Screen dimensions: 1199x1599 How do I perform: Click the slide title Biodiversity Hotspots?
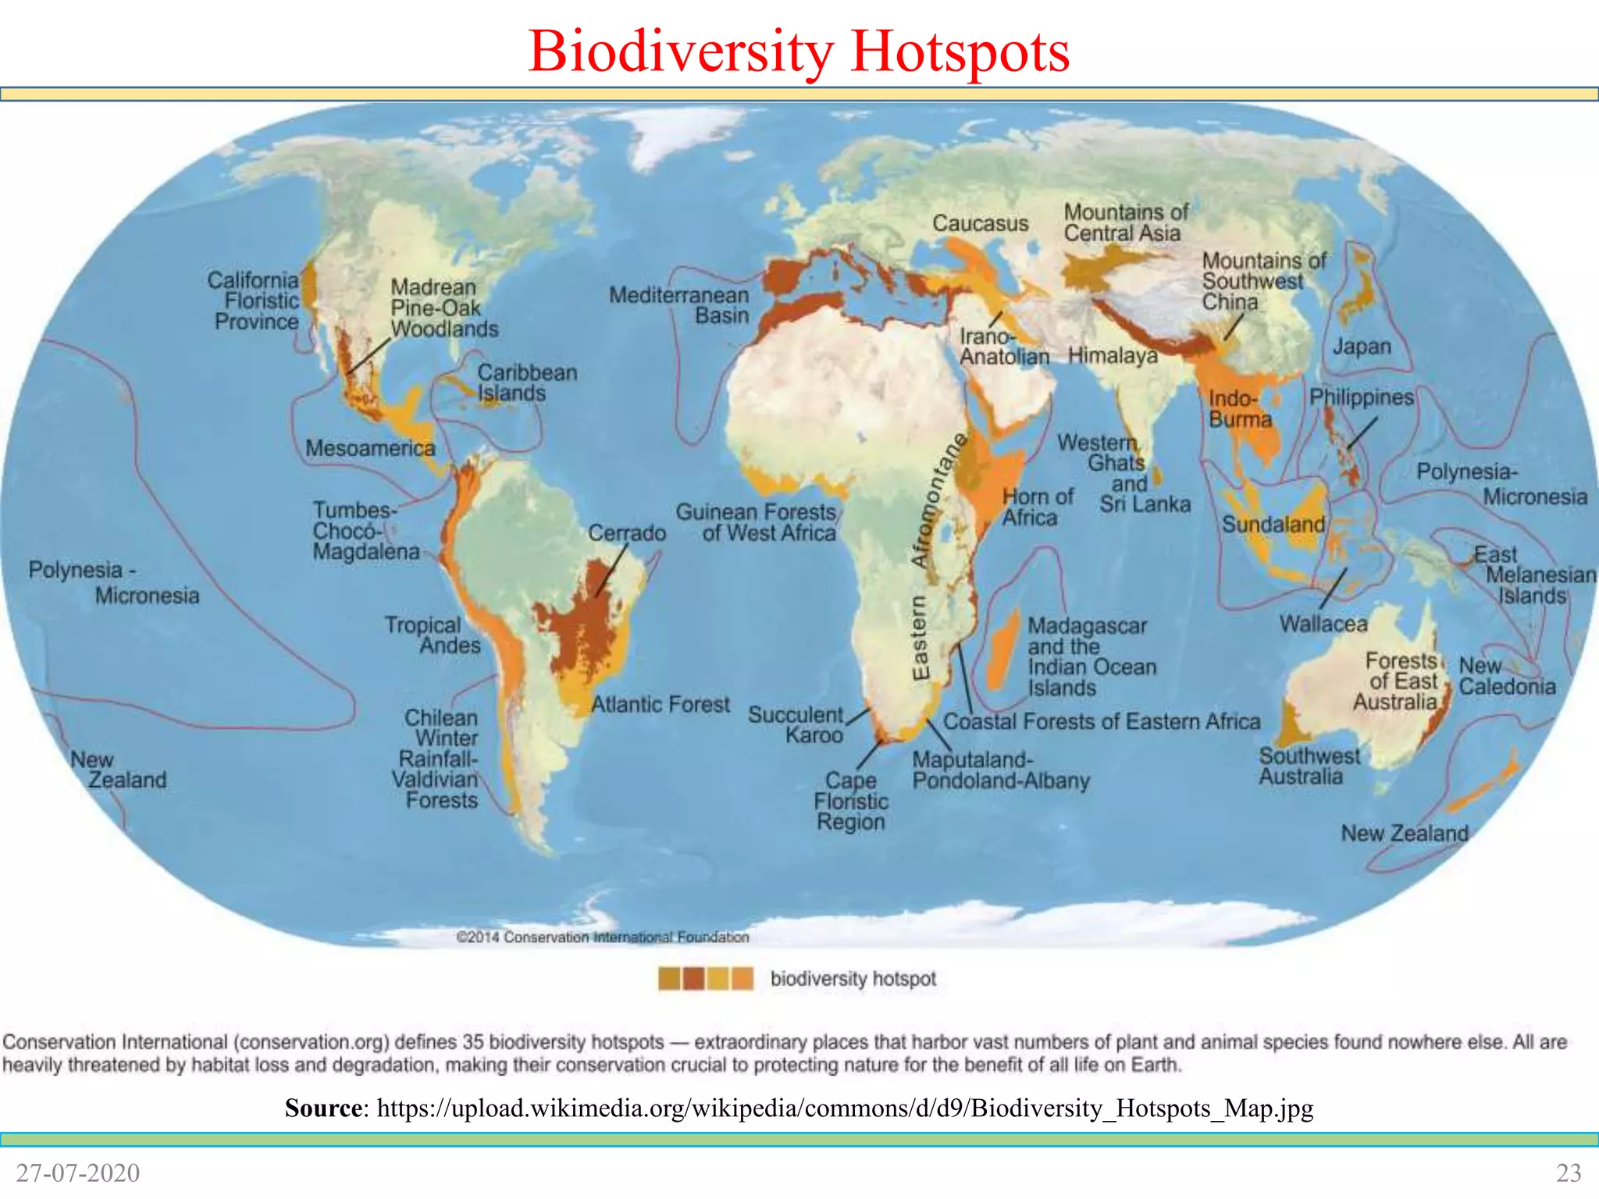point(798,52)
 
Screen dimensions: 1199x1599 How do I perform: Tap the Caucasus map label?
point(980,223)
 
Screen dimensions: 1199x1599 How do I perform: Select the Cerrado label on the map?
point(626,533)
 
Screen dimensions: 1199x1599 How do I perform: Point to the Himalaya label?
point(1113,356)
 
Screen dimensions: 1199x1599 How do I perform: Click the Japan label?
point(1362,347)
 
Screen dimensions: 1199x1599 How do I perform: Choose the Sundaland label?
point(1273,524)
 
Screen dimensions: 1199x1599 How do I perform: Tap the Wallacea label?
point(1323,624)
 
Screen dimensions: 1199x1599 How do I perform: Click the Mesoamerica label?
point(370,448)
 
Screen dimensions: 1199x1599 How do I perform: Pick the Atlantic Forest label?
point(660,704)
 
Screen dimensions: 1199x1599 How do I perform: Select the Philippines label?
point(1362,397)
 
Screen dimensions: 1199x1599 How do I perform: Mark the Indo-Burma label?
point(1240,409)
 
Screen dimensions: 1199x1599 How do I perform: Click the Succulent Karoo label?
point(796,724)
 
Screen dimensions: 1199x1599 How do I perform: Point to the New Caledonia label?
point(1507,676)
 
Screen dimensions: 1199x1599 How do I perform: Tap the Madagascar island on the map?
point(1002,648)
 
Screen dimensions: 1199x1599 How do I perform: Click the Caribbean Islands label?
point(527,382)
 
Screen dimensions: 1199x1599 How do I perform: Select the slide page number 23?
point(1569,1172)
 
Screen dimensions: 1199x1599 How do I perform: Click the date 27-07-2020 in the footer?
point(78,1172)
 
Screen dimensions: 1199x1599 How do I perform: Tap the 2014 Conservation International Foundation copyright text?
point(602,937)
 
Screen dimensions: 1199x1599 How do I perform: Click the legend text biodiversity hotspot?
point(853,979)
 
